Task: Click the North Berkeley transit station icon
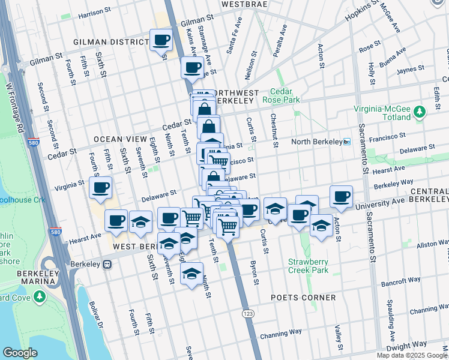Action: pyautogui.click(x=346, y=142)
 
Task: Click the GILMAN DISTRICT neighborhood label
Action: pyautogui.click(x=110, y=42)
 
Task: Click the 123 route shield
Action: pyautogui.click(x=248, y=313)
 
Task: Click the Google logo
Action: pyautogui.click(x=20, y=353)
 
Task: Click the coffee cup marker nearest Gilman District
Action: pyautogui.click(x=161, y=41)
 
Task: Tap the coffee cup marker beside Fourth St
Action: pyautogui.click(x=100, y=187)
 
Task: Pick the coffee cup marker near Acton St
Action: pyautogui.click(x=341, y=196)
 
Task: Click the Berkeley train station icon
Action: pyautogui.click(x=107, y=263)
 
